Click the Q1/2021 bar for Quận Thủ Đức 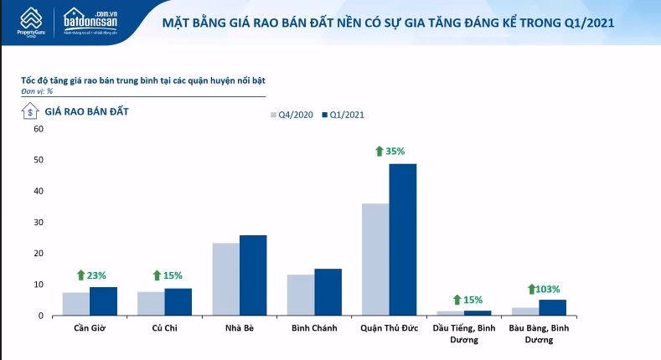(402, 239)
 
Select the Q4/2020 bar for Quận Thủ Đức (375, 259)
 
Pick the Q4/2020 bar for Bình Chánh (301, 295)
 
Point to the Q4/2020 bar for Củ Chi (151, 303)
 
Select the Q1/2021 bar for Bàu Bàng (552, 307)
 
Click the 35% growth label (390, 152)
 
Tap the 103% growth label (544, 289)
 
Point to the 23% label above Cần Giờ (93, 275)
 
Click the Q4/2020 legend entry (291, 115)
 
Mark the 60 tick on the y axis (38, 129)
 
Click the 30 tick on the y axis (38, 222)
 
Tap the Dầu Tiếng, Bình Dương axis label (463, 333)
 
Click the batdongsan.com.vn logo (94, 18)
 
